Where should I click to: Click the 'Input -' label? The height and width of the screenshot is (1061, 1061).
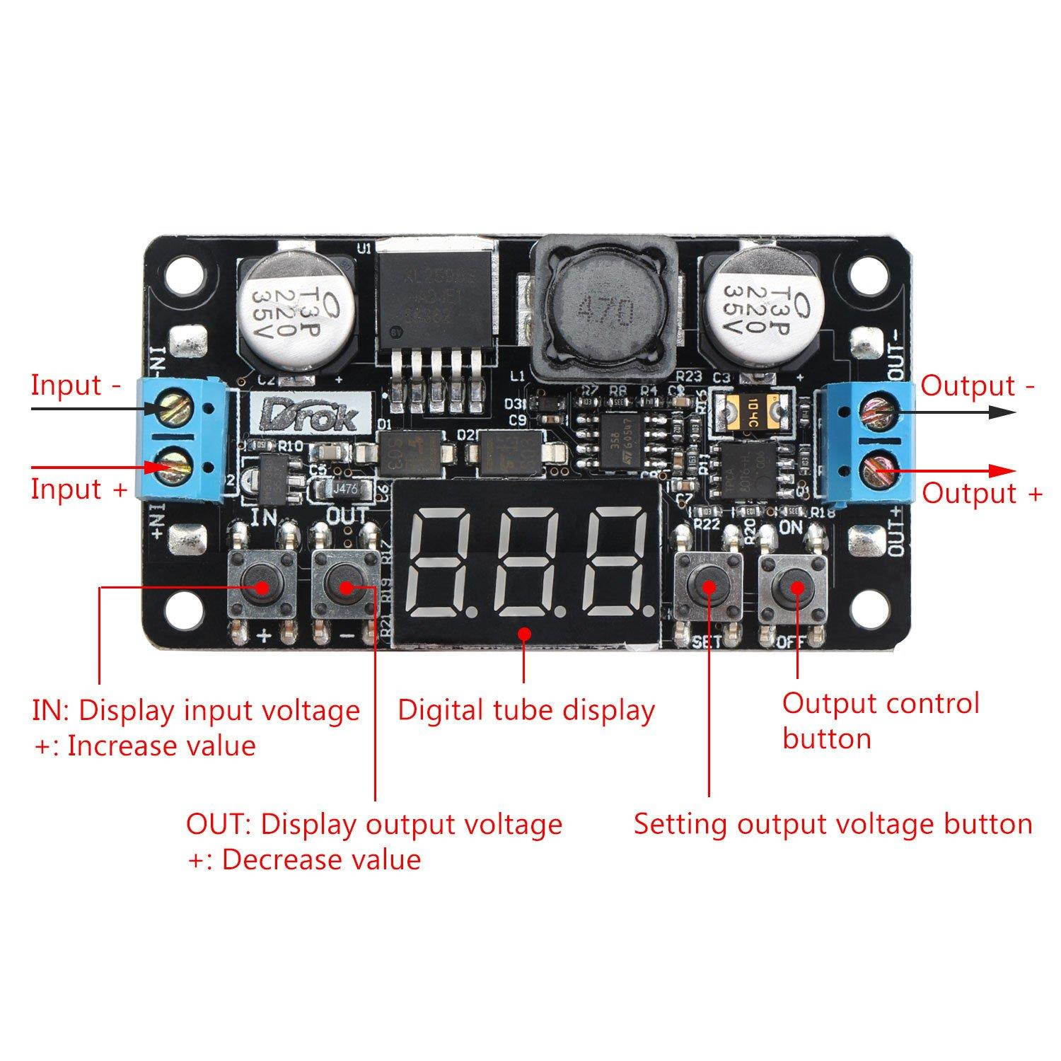coord(76,385)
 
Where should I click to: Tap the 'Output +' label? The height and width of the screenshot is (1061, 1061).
coord(982,493)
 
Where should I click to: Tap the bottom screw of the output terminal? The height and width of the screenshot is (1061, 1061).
coord(878,468)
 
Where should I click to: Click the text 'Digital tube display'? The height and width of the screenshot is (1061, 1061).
coord(526,710)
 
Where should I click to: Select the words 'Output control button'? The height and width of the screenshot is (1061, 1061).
coord(880,721)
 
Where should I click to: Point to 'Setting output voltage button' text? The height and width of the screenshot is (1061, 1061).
coord(833,824)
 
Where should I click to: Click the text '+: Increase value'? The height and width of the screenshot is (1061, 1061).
coord(145,746)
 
